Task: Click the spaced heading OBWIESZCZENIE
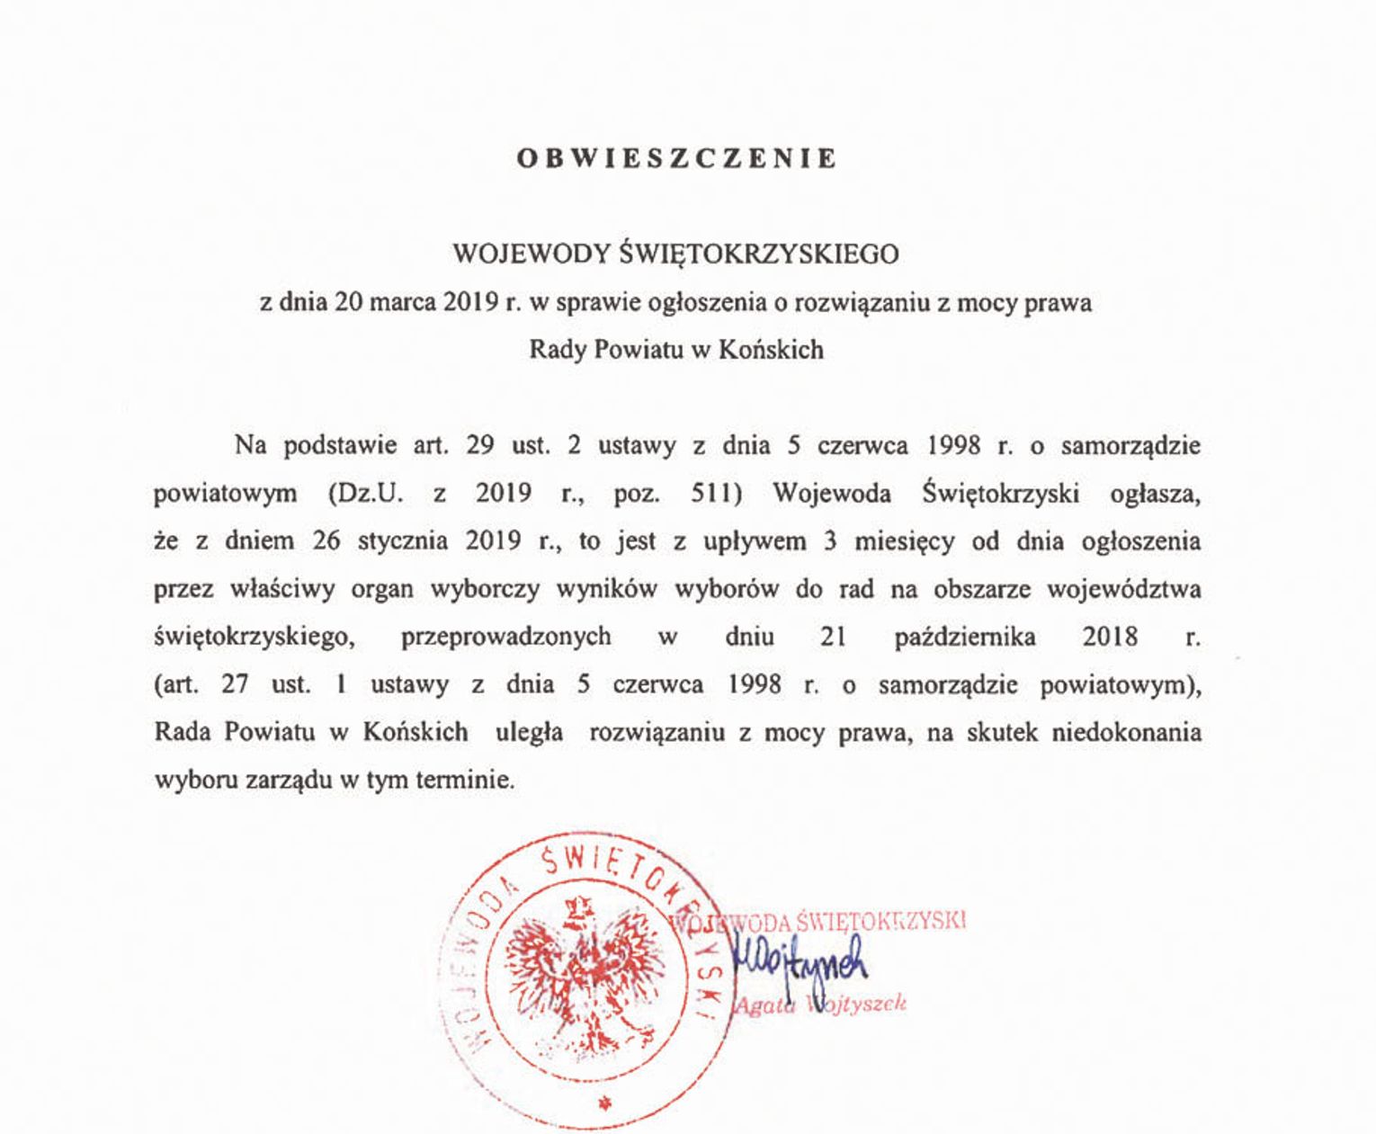click(676, 158)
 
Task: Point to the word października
click(964, 637)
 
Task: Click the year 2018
click(1110, 637)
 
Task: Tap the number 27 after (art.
click(235, 684)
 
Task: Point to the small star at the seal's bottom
click(604, 1103)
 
